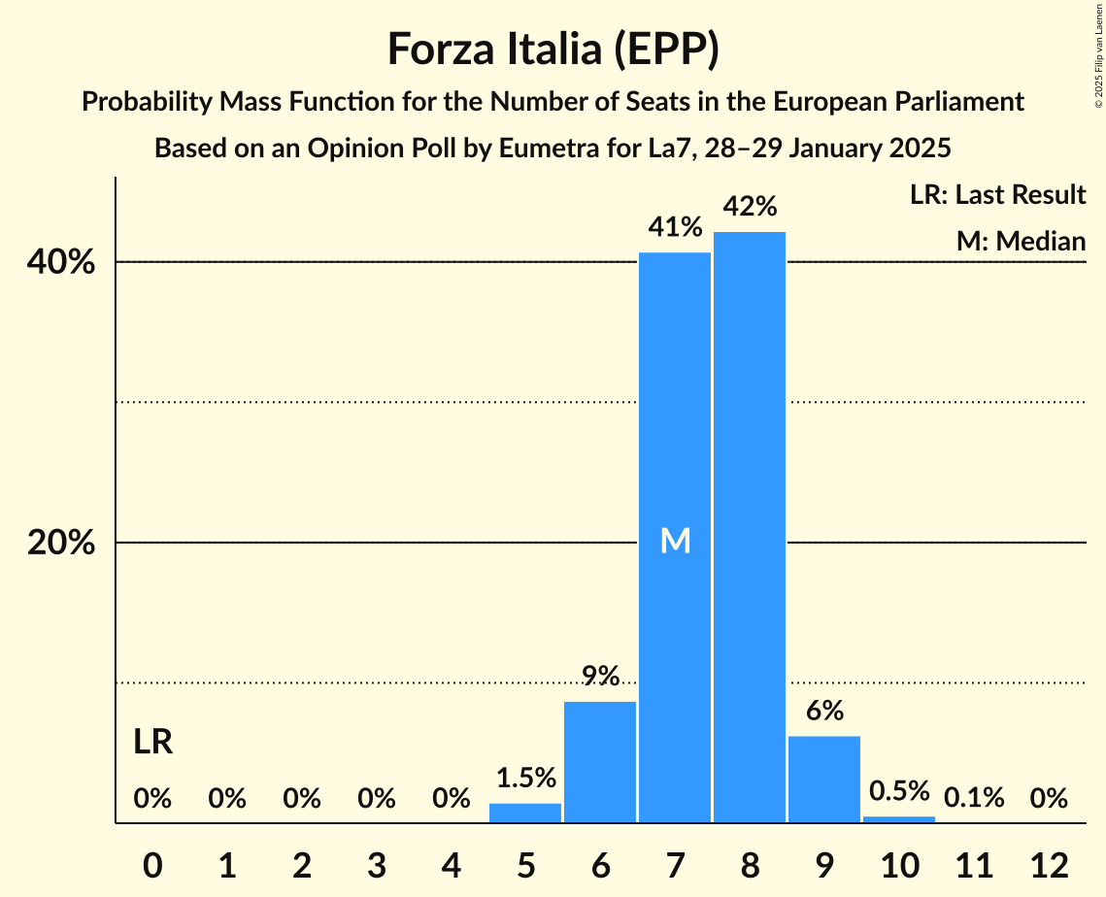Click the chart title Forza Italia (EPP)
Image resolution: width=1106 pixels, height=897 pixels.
[553, 50]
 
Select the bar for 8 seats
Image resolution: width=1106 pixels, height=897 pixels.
[750, 527]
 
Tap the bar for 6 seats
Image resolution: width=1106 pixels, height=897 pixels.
[600, 762]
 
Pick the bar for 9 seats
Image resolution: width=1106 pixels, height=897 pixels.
[824, 780]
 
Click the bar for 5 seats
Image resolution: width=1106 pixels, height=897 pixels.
[525, 813]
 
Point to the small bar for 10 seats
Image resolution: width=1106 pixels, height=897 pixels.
[899, 819]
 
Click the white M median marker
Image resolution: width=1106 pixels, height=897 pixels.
[675, 542]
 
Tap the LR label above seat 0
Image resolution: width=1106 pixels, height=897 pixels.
[152, 743]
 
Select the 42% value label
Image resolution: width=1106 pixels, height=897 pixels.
[750, 207]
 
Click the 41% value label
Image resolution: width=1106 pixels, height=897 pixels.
[675, 228]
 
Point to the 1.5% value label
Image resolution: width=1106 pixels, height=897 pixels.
[525, 778]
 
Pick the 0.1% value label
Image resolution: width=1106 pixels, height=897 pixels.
[974, 798]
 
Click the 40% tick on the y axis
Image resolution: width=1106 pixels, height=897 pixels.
[61, 263]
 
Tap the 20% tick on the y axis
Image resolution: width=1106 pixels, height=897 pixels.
[61, 544]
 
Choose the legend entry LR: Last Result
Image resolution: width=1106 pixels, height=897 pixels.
[997, 195]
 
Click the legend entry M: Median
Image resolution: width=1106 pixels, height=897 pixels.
[1021, 241]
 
